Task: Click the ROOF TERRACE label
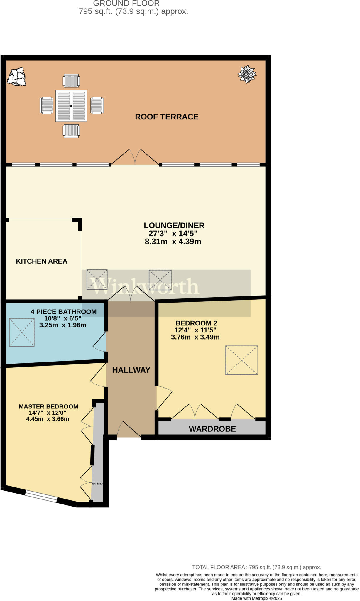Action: (167, 117)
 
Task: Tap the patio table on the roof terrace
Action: (71, 106)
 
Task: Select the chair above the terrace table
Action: (71, 81)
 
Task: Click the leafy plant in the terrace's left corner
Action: (17, 77)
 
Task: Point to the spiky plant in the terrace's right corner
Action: (247, 74)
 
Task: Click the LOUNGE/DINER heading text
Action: (174, 225)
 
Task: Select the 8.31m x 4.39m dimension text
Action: (173, 242)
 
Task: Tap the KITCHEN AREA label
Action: (42, 261)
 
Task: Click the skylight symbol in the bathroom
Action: (22, 332)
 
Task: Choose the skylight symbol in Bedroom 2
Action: (242, 360)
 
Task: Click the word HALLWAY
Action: (131, 370)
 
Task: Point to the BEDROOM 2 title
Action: (196, 323)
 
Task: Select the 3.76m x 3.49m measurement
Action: (195, 337)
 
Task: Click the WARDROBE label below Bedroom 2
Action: (212, 429)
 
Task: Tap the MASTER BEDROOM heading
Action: (48, 406)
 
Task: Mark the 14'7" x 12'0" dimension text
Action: (48, 413)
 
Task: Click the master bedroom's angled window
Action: (41, 497)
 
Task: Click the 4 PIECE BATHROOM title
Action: (64, 312)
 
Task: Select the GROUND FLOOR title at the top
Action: (126, 4)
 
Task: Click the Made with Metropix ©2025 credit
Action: (257, 598)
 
